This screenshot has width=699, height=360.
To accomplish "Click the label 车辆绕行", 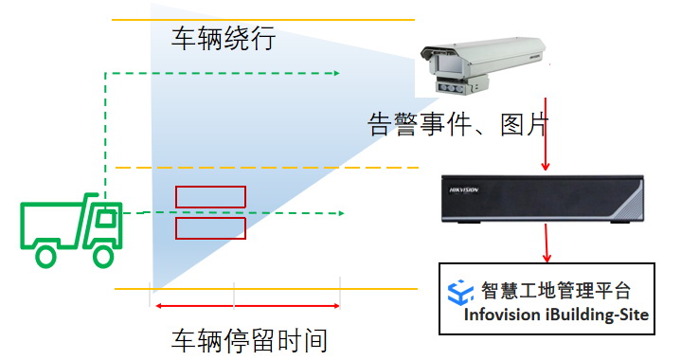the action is click(224, 38).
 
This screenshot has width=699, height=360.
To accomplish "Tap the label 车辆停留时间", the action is click(249, 340).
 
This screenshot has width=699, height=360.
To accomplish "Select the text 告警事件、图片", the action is click(457, 123).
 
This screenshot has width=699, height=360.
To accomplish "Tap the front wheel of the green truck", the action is click(103, 255).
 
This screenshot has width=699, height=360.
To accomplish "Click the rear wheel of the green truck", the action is click(45, 256).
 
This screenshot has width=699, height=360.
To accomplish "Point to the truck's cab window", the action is click(106, 217).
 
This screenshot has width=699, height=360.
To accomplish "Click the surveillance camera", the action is click(483, 64).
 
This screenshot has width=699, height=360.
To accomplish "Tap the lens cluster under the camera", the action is click(453, 87).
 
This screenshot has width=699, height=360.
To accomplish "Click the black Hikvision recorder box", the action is click(543, 199).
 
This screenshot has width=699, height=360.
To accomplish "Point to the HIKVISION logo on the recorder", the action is click(463, 190).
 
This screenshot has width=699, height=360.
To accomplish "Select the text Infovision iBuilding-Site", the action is click(556, 315).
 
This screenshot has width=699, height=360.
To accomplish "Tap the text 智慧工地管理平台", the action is click(555, 291).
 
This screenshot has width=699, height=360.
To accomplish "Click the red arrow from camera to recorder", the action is click(546, 134).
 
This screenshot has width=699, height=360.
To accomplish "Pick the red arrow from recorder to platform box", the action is click(547, 243).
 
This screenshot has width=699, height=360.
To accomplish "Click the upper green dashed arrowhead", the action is click(336, 73).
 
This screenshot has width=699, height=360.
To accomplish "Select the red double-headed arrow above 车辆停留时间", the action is click(247, 306).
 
